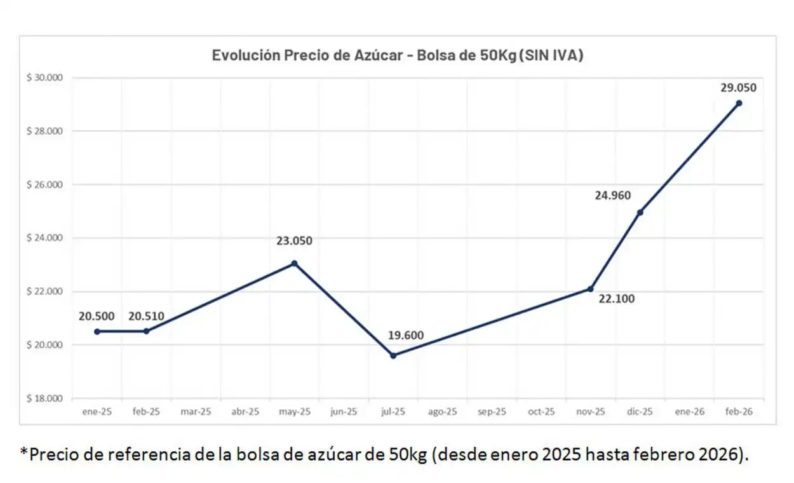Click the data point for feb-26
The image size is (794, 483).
(x=739, y=103)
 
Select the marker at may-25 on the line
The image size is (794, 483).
(x=294, y=263)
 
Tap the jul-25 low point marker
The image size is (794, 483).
(x=393, y=355)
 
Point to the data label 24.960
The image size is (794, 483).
(x=613, y=195)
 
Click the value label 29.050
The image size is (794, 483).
(x=738, y=88)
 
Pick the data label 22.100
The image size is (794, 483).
(x=617, y=299)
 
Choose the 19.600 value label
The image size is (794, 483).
(x=407, y=336)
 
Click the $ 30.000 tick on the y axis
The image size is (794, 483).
(x=44, y=78)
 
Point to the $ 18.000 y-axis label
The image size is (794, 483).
(x=44, y=398)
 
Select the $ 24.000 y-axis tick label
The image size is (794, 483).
(x=44, y=238)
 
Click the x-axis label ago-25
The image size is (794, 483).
(x=443, y=412)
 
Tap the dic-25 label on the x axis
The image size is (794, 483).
(x=640, y=412)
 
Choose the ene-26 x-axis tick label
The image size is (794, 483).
(x=689, y=412)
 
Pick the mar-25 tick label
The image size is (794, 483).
(x=196, y=412)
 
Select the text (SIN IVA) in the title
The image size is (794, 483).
(x=552, y=55)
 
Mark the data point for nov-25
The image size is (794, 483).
(x=591, y=289)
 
